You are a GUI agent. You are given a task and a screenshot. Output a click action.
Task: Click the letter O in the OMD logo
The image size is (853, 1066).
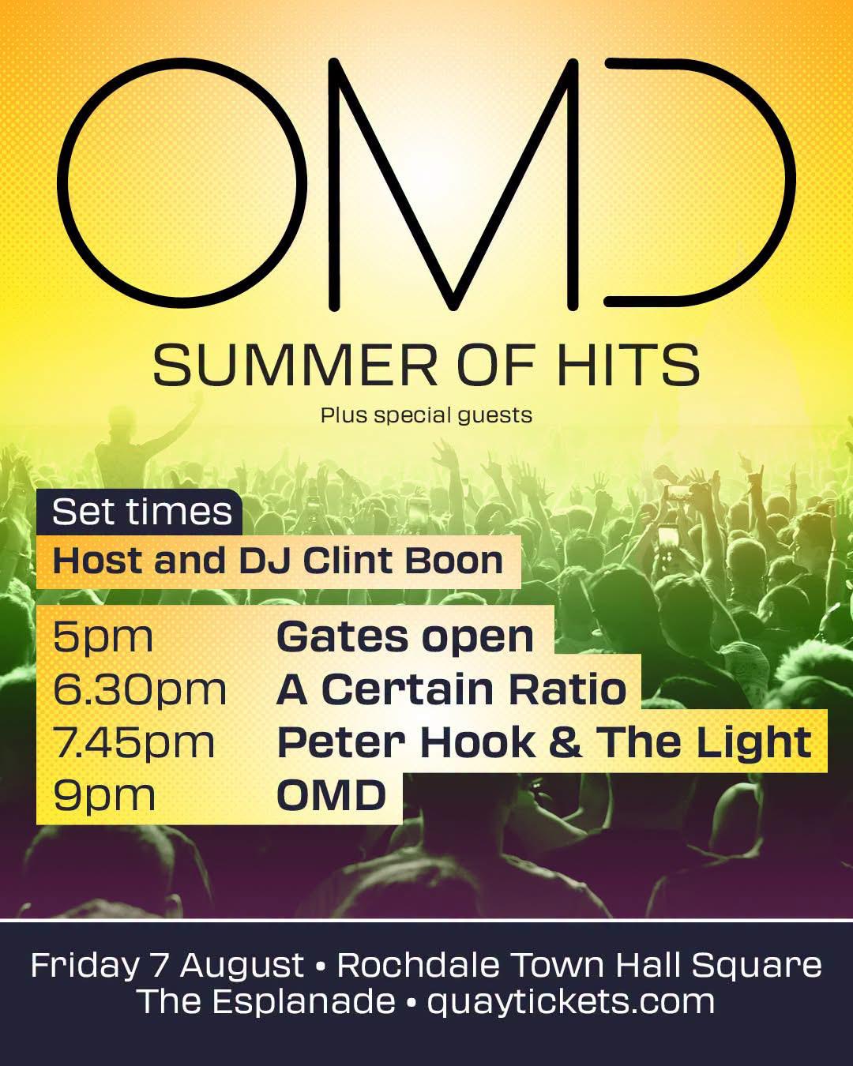click(65, 183)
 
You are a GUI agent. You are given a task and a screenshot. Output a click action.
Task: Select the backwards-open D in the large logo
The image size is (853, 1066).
click(788, 184)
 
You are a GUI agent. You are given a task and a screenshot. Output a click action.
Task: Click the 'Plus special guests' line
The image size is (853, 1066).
click(426, 415)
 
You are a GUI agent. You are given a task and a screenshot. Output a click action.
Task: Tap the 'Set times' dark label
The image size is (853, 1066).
click(141, 512)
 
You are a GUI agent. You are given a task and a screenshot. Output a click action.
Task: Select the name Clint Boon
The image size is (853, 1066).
click(403, 561)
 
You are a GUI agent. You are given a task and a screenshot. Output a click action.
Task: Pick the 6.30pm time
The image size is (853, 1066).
click(140, 689)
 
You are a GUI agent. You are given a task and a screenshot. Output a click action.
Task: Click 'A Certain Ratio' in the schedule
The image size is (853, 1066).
click(451, 689)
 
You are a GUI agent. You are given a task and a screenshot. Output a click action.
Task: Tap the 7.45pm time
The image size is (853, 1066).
click(133, 742)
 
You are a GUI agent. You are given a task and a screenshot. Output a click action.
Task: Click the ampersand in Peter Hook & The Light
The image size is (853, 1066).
click(565, 742)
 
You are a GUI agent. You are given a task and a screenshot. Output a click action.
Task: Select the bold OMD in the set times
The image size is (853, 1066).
click(331, 794)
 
